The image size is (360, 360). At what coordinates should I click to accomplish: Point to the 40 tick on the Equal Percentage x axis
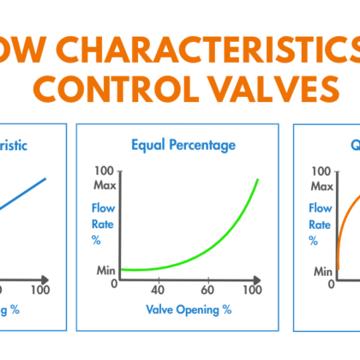[157, 290]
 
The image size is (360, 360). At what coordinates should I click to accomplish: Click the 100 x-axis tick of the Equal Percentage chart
[253, 290]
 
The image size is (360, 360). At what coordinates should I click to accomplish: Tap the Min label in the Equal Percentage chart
[104, 269]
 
